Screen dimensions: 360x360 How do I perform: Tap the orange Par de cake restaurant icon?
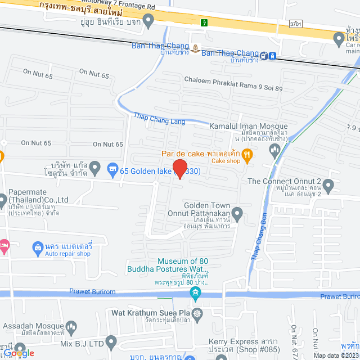tap(248, 153)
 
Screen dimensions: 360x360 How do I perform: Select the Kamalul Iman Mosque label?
tap(248, 127)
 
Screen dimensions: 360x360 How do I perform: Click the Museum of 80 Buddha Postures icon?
tap(195, 291)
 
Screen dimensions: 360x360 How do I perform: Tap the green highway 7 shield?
tap(204, 22)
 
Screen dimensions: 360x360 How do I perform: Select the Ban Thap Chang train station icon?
tap(272, 56)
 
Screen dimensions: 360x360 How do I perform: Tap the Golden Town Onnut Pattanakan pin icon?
tap(238, 213)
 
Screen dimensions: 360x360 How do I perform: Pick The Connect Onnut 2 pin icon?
tap(329, 184)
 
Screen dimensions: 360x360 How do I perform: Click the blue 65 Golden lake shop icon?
tap(113, 168)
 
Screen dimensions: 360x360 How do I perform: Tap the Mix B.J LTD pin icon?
tap(111, 341)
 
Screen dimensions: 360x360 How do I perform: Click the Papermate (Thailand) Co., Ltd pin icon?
tap(3, 200)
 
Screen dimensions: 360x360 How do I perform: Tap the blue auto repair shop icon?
tap(38, 246)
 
